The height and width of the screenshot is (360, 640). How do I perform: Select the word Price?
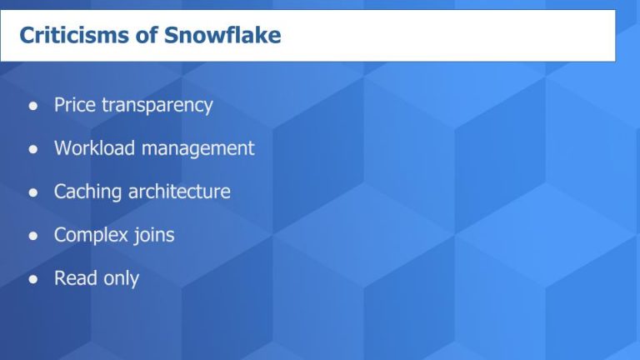(x=75, y=105)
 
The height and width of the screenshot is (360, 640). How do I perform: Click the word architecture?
(x=179, y=192)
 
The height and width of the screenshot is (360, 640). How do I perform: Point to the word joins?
(x=154, y=235)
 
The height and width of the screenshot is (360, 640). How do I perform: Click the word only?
(x=121, y=279)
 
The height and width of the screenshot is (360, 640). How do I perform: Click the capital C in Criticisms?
(x=26, y=36)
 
